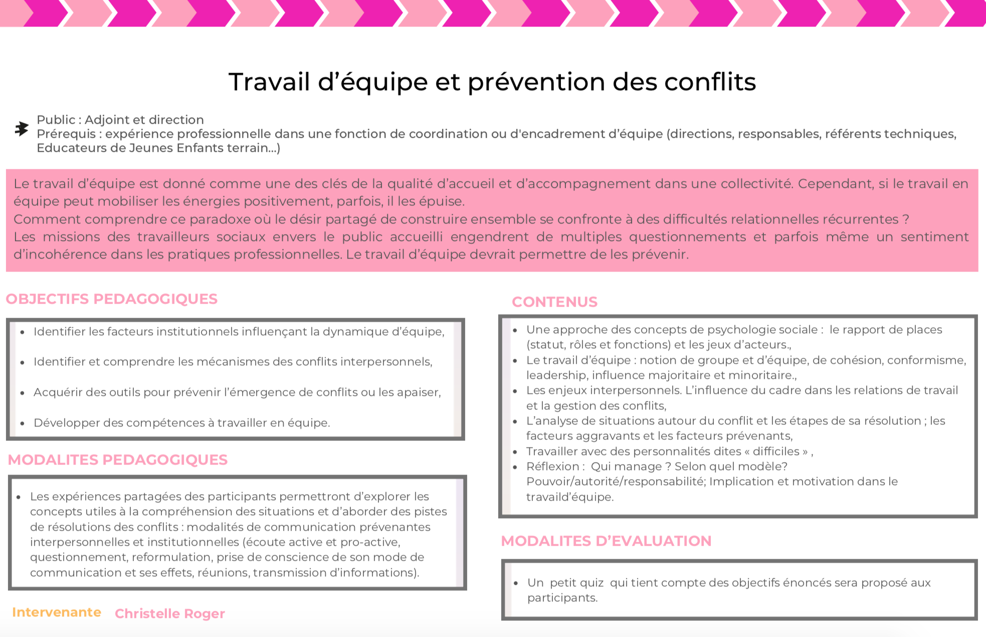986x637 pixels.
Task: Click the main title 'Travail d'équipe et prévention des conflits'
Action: [492, 82]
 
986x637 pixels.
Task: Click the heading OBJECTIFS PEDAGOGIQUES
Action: [111, 299]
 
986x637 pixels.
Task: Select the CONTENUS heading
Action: [554, 302]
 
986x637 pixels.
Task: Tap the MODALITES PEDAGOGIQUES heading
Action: [118, 460]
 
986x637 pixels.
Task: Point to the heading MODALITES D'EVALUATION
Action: [606, 541]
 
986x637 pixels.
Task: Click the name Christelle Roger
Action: [169, 613]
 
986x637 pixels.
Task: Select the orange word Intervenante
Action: [57, 612]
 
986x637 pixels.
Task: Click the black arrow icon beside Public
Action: [21, 129]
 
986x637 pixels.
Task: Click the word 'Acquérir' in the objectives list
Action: [57, 392]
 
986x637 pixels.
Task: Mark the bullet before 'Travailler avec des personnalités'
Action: [515, 452]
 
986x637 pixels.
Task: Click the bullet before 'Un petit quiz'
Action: [516, 583]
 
